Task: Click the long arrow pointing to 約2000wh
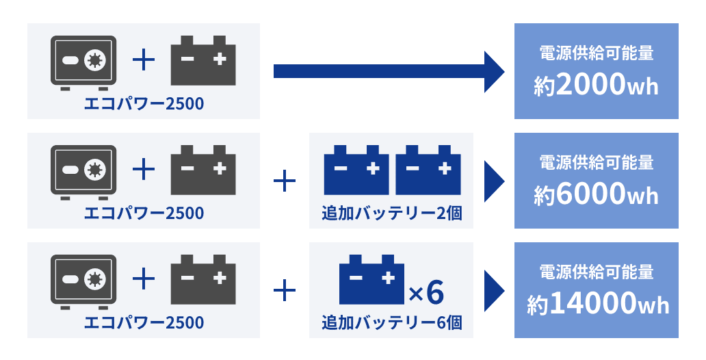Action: tap(387, 71)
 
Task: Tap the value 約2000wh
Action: tap(596, 86)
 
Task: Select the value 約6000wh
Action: tap(596, 195)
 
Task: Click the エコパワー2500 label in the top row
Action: tap(144, 104)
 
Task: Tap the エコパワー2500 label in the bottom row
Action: tap(144, 322)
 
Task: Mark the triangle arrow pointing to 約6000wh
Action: tap(494, 181)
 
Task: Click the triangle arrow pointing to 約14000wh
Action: tap(494, 291)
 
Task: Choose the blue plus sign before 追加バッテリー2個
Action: tap(284, 181)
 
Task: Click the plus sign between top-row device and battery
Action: tap(143, 60)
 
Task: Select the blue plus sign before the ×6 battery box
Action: tap(284, 291)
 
